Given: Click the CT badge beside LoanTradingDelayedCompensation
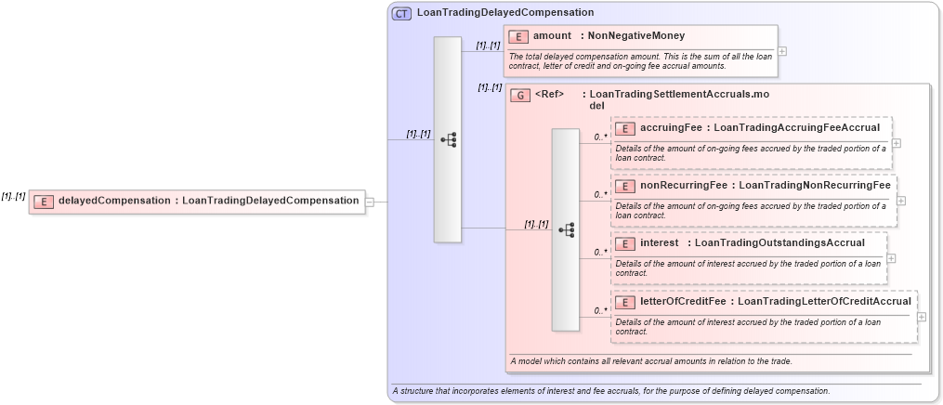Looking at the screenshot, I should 401,13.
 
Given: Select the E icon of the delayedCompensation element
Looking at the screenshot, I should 44,201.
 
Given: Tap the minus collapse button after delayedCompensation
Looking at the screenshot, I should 370,201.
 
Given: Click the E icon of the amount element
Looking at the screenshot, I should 518,36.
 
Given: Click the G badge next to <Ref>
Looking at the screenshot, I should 521,95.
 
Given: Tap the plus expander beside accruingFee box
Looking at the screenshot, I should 897,143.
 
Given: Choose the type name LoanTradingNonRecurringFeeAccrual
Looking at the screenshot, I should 815,186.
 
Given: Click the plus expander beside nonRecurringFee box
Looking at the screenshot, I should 901,201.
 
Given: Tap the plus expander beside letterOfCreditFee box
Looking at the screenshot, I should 921,317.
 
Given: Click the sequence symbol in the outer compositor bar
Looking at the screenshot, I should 448,140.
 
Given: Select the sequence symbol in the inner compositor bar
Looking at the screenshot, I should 566,229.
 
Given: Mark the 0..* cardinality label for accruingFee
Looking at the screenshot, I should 600,137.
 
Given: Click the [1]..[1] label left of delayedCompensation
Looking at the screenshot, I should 13,196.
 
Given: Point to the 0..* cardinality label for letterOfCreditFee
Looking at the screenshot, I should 600,310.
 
